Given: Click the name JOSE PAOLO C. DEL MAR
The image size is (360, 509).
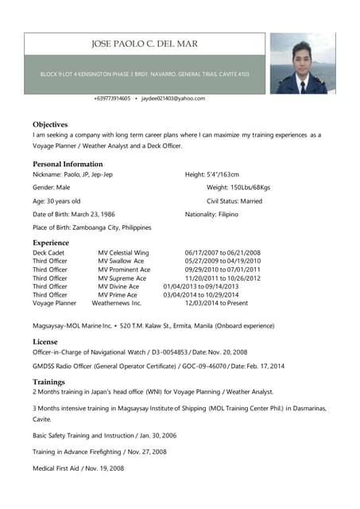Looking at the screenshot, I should pos(145,44).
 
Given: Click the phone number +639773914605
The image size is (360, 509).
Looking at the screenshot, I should pos(112,99).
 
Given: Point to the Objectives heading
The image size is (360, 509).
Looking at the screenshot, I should pos(50,125).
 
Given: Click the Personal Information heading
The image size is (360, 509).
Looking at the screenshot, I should pos(68,164).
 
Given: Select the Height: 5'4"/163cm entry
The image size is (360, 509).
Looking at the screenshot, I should pos(211,174).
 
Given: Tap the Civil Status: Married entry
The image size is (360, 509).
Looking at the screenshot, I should pos(234,201).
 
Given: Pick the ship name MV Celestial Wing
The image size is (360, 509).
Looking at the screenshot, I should pos(123,252).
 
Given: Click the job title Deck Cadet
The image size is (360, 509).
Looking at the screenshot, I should pos(48,252).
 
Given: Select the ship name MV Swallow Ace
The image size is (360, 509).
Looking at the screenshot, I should pos(121,261).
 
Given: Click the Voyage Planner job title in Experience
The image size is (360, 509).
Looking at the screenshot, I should pos(55,303).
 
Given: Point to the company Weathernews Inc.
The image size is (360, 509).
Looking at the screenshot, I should pos(116,303).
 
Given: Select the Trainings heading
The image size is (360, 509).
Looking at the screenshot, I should pos(48,382).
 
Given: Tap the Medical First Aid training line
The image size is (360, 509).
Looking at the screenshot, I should pos(77,468).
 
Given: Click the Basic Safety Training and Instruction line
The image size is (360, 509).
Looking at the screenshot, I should pos(104,436).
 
